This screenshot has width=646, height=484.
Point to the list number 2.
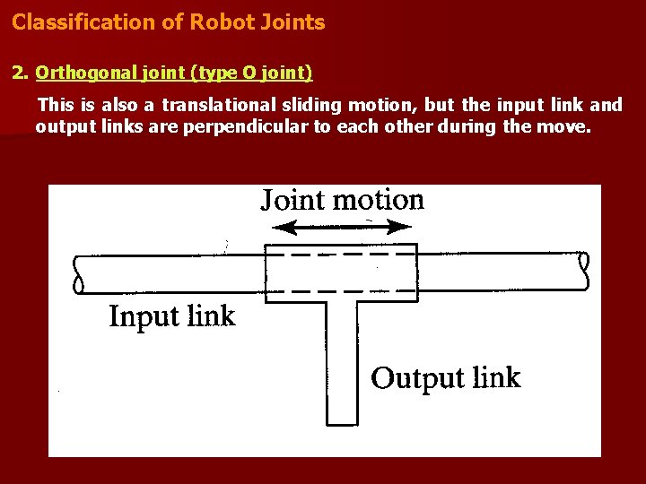point(18,73)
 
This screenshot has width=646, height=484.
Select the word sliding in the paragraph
point(317,105)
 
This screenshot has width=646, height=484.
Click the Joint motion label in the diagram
point(342,199)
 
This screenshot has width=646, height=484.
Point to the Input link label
point(171,316)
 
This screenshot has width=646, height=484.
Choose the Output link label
point(445,377)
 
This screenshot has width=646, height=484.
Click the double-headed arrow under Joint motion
point(341,228)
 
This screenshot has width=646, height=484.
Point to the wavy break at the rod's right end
point(585,271)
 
